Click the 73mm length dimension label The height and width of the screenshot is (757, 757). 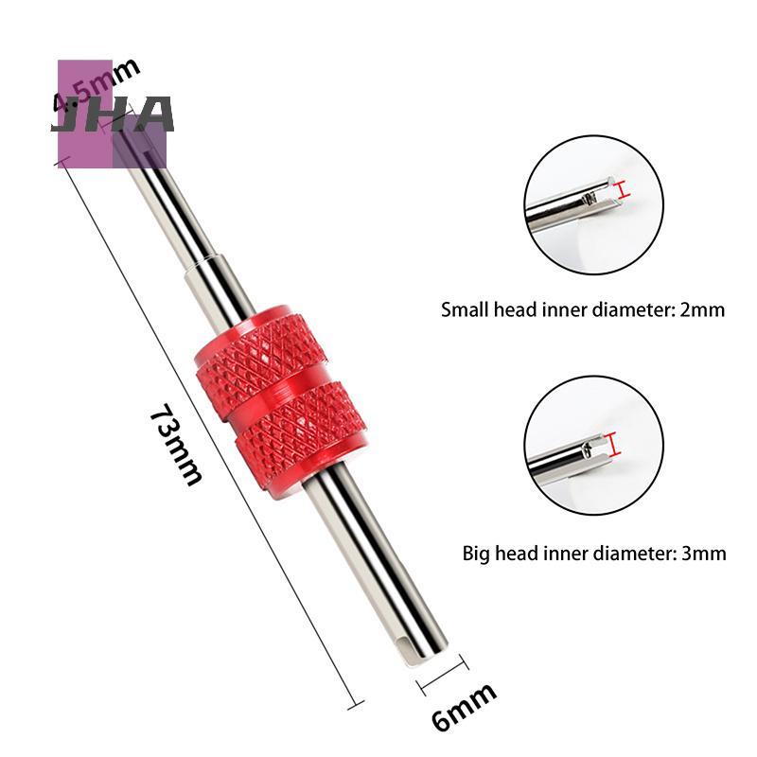(x=175, y=444)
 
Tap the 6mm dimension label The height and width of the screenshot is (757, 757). (x=464, y=706)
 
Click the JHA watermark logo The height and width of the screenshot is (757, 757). (x=113, y=114)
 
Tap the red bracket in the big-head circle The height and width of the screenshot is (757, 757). (x=612, y=444)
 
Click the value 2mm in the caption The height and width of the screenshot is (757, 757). (x=702, y=309)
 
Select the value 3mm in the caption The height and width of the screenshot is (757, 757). (x=703, y=554)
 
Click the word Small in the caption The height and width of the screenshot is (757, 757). (x=465, y=309)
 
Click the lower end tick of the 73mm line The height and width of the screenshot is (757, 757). (x=356, y=705)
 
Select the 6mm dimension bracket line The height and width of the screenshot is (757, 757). (x=442, y=675)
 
